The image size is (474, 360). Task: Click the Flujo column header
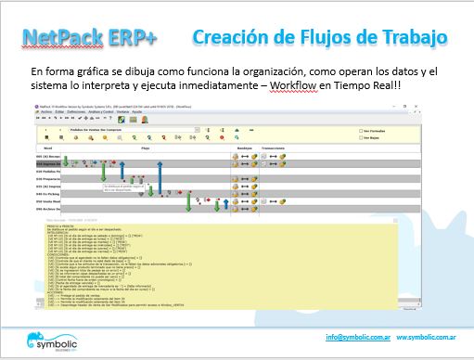pyautogui.click(x=145, y=147)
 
